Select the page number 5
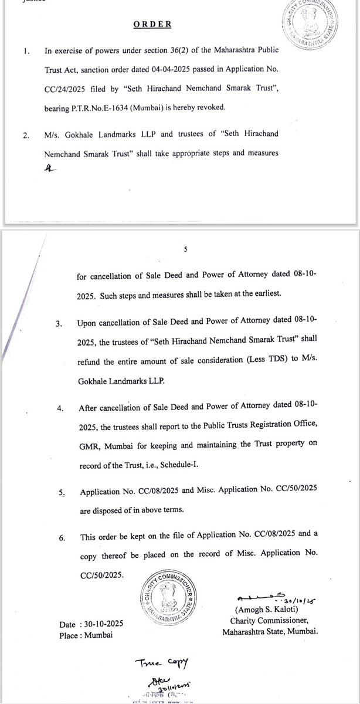coord(185,250)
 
